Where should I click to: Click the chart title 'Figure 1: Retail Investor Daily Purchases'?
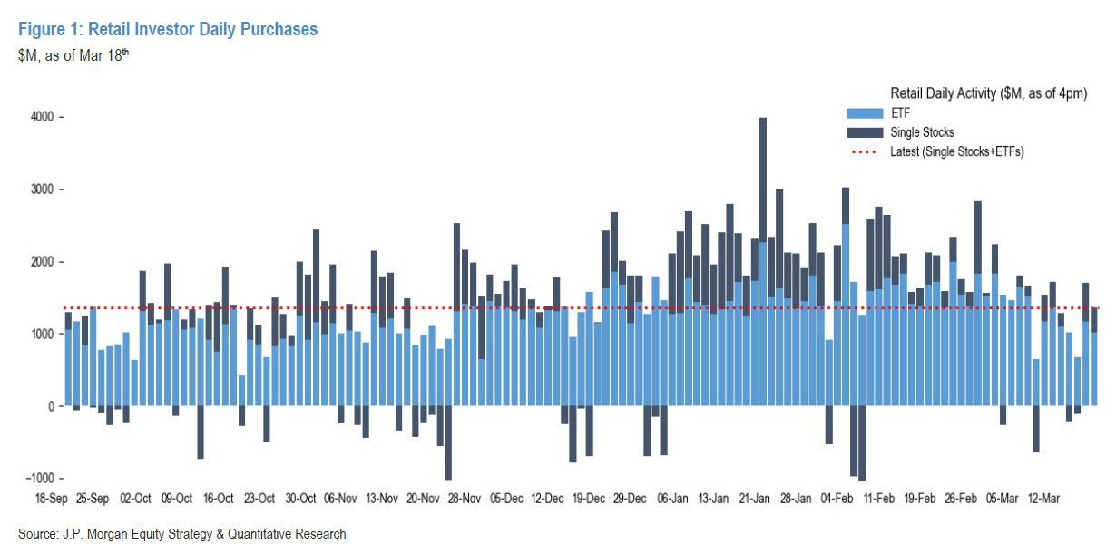point(168,30)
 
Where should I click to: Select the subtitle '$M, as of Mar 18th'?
point(75,55)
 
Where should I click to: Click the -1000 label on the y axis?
point(40,478)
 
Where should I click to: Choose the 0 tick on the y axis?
point(51,406)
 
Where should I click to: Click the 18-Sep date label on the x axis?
point(52,499)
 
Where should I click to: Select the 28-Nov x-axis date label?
point(465,499)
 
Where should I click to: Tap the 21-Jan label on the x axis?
point(754,499)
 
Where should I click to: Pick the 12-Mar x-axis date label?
point(1043,499)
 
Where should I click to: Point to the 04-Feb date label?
point(837,499)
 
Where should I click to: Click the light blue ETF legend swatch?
point(863,113)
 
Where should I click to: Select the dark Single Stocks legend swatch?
point(863,132)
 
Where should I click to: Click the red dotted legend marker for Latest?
point(863,151)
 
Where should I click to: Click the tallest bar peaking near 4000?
point(763,181)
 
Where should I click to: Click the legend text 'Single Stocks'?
point(922,132)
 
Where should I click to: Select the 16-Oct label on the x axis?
point(218,499)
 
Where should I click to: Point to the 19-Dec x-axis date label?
point(589,499)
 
